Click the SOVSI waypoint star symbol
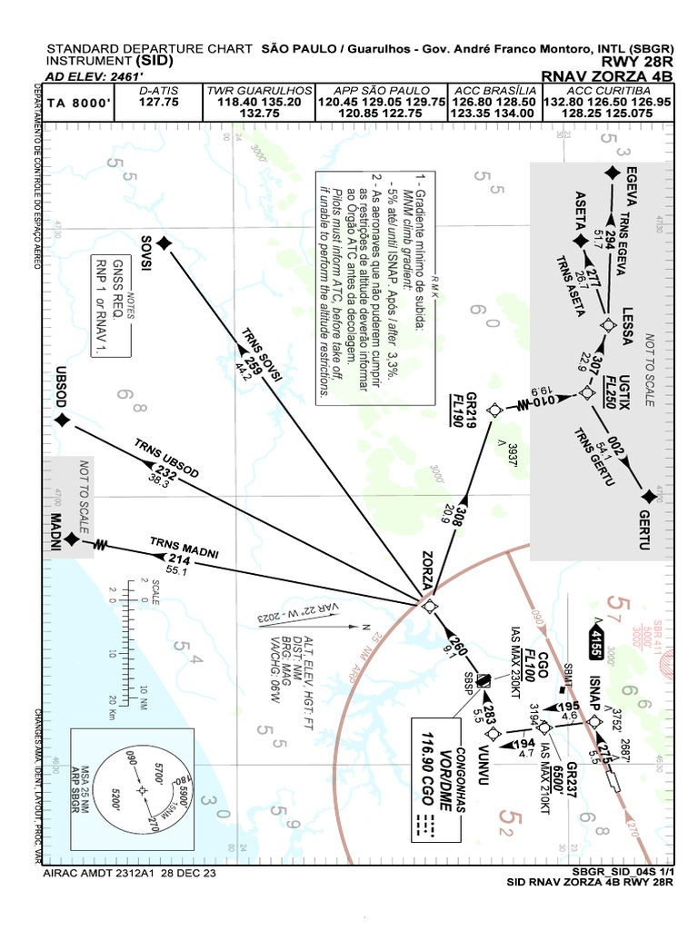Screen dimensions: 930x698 coord(164,242)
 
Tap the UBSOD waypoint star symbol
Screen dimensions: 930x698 coord(62,420)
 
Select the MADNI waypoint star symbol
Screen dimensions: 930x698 coord(72,539)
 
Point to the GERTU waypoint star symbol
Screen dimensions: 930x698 coord(647,496)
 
